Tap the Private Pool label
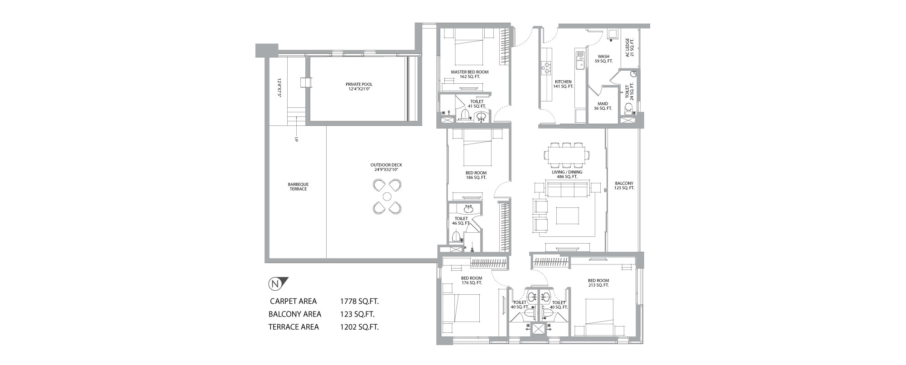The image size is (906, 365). (359, 86)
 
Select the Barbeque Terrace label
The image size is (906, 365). (298, 187)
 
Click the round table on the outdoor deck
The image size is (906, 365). (387, 197)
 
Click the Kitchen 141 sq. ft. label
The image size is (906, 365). (564, 84)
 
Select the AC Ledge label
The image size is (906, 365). (630, 48)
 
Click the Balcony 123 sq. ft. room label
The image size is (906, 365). (624, 185)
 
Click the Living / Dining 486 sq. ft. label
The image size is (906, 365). (567, 174)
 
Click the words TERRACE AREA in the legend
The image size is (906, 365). (294, 327)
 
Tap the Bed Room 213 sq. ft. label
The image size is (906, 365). (598, 283)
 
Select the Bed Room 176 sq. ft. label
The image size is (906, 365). (472, 280)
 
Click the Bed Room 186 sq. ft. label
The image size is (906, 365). (476, 175)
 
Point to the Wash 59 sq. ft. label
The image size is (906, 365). (603, 59)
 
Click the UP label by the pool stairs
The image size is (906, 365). (296, 139)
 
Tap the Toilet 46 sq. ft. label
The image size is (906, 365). (461, 221)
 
